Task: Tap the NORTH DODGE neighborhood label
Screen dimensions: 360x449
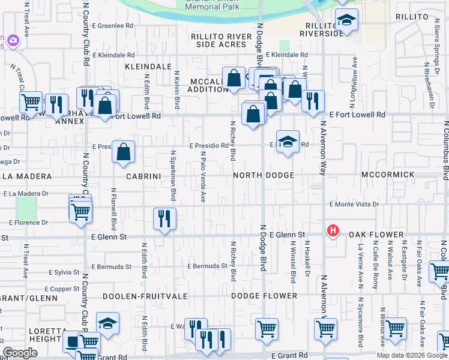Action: point(264,175)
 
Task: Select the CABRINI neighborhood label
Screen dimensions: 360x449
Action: point(141,176)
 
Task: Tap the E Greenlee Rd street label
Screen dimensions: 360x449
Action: point(113,26)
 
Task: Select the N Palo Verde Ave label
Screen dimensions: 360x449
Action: point(203,176)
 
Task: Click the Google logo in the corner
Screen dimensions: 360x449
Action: point(20,353)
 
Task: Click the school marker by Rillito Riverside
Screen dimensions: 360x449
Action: point(346,21)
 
